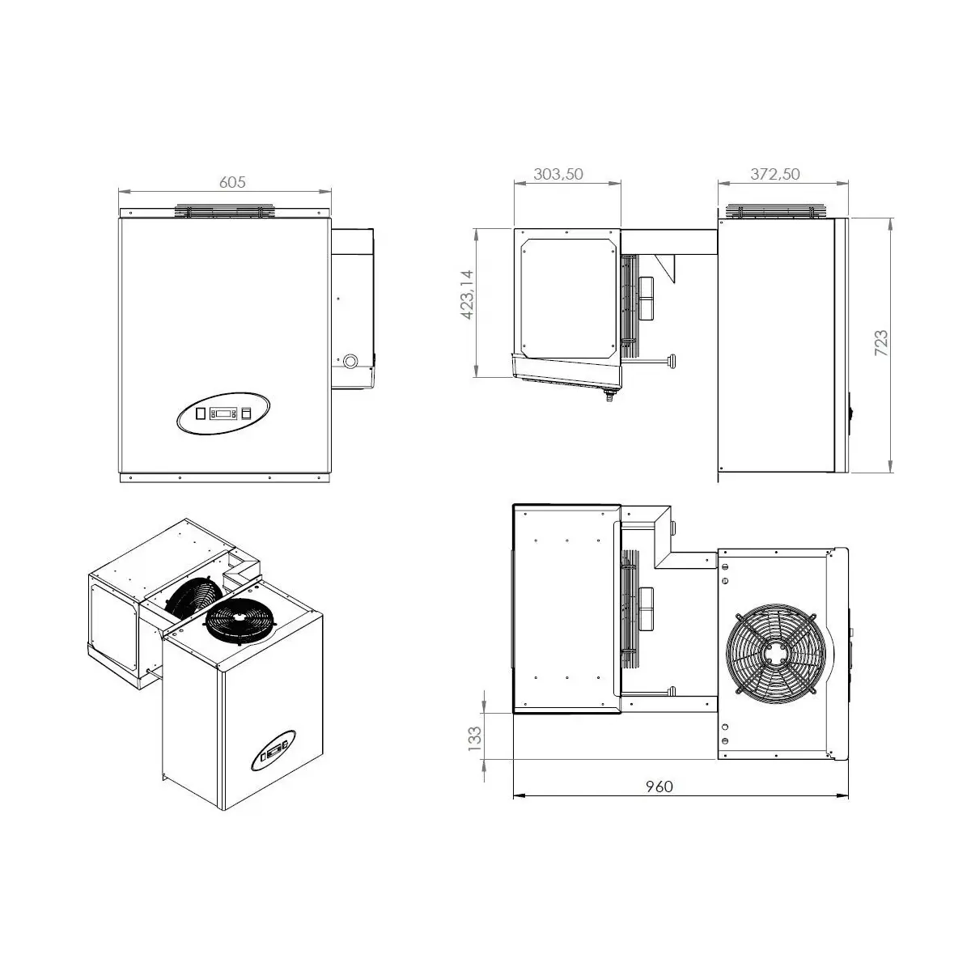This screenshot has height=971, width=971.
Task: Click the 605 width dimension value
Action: tap(232, 182)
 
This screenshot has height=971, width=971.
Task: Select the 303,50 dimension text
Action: tap(558, 174)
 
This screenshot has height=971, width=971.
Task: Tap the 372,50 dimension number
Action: tap(775, 174)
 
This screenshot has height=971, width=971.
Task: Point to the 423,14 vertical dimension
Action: tap(468, 295)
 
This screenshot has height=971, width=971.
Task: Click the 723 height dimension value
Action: tap(881, 343)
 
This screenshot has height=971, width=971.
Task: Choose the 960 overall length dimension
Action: tap(659, 787)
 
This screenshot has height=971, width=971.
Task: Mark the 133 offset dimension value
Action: tap(475, 739)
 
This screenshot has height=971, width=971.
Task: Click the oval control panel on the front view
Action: tap(223, 413)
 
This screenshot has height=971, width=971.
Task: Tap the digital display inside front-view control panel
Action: tap(223, 413)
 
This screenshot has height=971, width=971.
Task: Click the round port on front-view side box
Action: tap(350, 361)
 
